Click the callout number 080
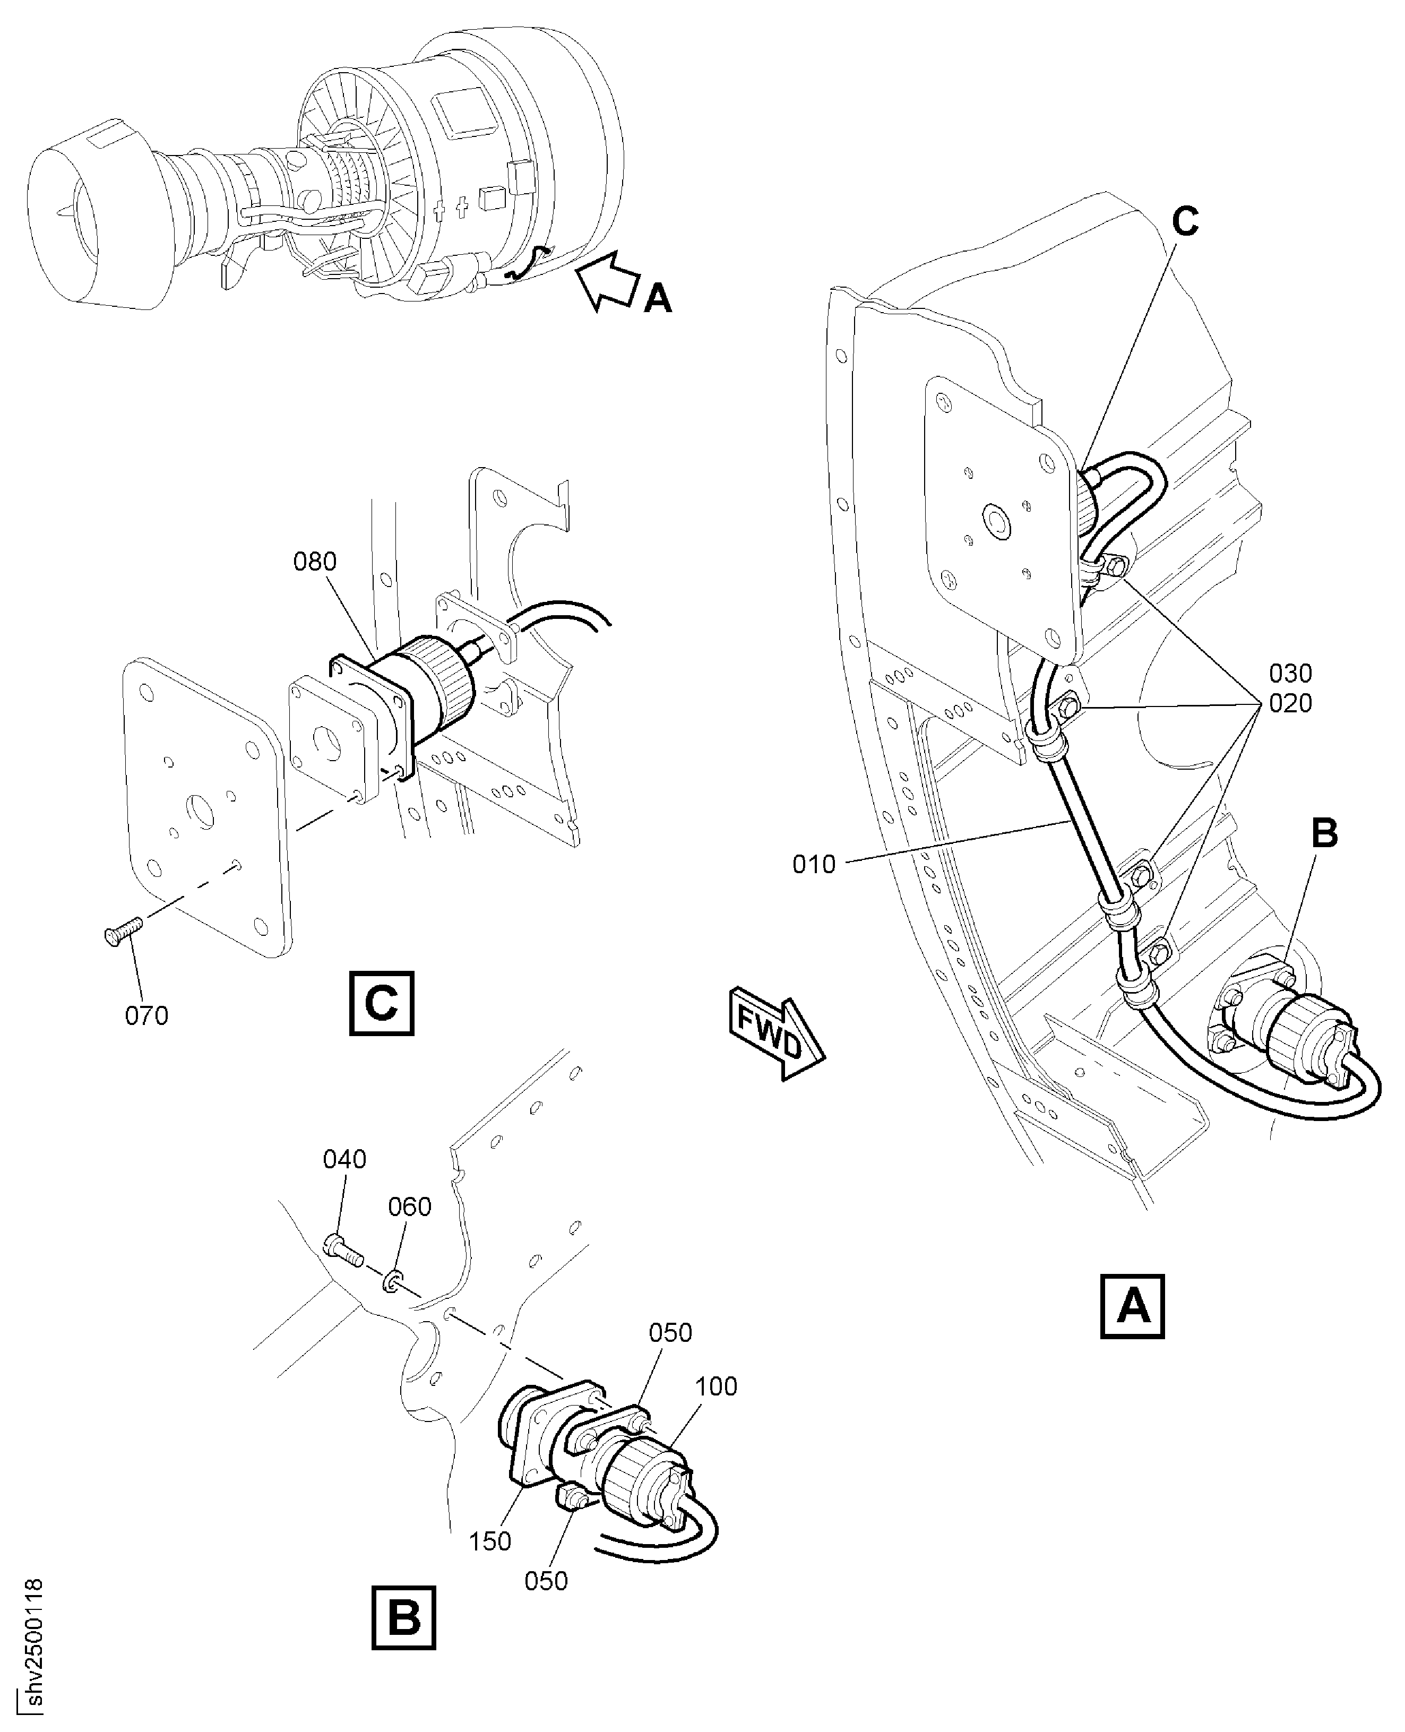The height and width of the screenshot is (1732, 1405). tap(315, 561)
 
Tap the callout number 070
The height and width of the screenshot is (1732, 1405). tap(146, 1015)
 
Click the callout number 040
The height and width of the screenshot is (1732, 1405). tap(345, 1159)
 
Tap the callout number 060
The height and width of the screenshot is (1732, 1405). tap(410, 1207)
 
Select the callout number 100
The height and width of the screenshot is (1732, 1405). tap(716, 1386)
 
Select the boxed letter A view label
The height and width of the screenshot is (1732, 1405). tap(1132, 1306)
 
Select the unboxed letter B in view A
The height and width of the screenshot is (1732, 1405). tap(1325, 834)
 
